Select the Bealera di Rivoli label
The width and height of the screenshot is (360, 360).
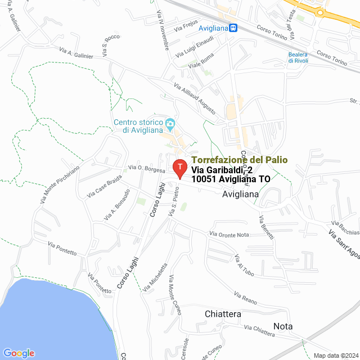click(x=298, y=57)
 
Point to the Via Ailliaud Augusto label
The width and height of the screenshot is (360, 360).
click(x=194, y=99)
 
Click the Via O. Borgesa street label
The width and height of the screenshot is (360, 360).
click(x=146, y=168)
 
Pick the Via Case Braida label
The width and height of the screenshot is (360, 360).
click(x=105, y=186)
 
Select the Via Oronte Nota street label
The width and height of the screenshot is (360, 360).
click(x=229, y=234)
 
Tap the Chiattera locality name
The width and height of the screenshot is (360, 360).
click(x=223, y=314)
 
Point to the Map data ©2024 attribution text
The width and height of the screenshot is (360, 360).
click(x=335, y=355)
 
